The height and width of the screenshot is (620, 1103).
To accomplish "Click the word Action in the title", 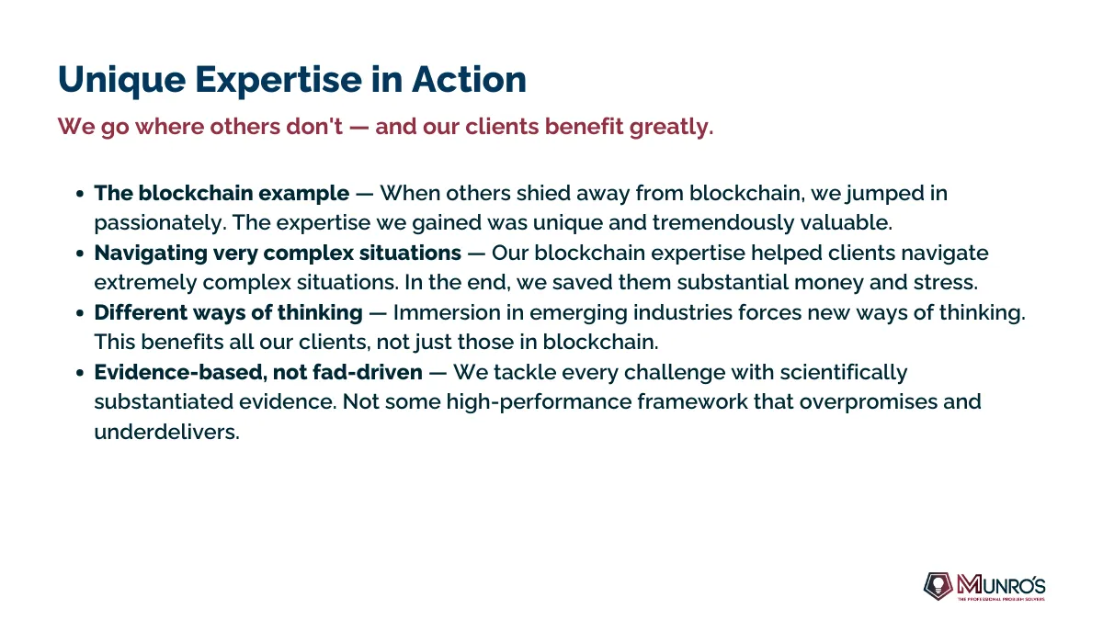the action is [x=470, y=79].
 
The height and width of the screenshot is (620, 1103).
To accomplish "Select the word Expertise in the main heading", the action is [x=279, y=81].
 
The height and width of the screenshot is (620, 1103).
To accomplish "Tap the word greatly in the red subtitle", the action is [x=672, y=128].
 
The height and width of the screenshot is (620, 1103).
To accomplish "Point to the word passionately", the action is [x=160, y=223].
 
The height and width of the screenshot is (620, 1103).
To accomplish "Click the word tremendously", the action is [x=722, y=223].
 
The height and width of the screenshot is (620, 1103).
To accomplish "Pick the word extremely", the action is [x=145, y=283].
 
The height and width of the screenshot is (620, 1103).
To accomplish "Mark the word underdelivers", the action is [x=167, y=432].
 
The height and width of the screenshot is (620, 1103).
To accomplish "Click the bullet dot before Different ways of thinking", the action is [x=80, y=313].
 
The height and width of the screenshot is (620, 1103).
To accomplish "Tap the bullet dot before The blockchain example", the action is [x=80, y=194].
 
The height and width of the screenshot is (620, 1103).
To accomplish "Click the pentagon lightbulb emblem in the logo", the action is [x=938, y=586].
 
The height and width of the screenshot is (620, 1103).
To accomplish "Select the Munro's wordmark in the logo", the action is [x=1001, y=585].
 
